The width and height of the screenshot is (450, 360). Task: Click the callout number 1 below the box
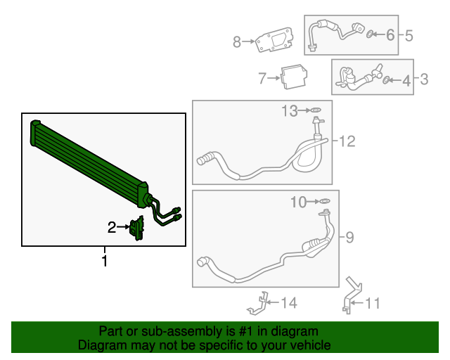click(105, 262)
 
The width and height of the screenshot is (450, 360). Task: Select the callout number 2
click(111, 227)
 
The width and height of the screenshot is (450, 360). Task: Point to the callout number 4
click(406, 81)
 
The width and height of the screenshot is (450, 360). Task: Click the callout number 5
click(409, 34)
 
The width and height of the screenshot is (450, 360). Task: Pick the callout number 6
click(391, 34)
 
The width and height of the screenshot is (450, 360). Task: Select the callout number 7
click(262, 78)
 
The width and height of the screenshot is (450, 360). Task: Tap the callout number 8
click(237, 42)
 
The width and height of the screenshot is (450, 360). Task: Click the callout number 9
click(349, 237)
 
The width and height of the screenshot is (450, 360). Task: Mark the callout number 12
click(347, 142)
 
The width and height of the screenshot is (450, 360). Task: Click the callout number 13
click(290, 110)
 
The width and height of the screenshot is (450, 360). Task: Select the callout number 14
click(289, 303)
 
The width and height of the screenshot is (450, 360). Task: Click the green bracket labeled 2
click(136, 229)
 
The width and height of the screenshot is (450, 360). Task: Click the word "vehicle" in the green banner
click(308, 345)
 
